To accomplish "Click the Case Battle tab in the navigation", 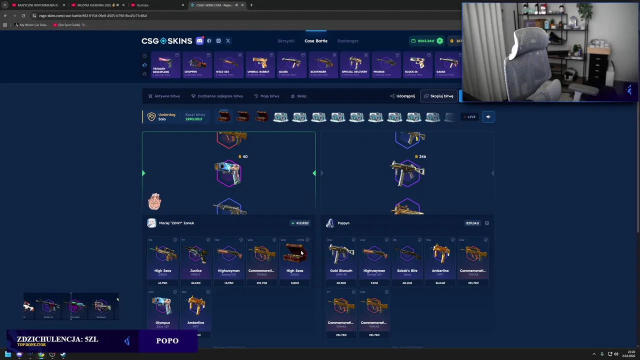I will pyautogui.click(x=316, y=41).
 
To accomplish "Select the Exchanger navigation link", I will pyautogui.click(x=347, y=41).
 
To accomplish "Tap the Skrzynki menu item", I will pyautogui.click(x=286, y=41).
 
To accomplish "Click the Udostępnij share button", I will pyautogui.click(x=402, y=96).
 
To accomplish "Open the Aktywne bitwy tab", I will pyautogui.click(x=164, y=96).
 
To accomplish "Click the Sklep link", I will pyautogui.click(x=298, y=96).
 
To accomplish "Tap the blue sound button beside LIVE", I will pyautogui.click(x=488, y=117).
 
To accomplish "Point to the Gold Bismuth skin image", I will pyautogui.click(x=341, y=254).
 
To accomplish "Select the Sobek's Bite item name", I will pyautogui.click(x=407, y=270).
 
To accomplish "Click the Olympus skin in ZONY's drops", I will pyautogui.click(x=162, y=306).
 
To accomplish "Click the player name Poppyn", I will pyautogui.click(x=343, y=223).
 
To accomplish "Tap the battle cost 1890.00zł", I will pyautogui.click(x=194, y=119).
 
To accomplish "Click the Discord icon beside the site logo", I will pyautogui.click(x=199, y=41).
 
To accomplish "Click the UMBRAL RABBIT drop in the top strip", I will pyautogui.click(x=259, y=64).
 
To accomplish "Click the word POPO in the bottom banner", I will pyautogui.click(x=167, y=341).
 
